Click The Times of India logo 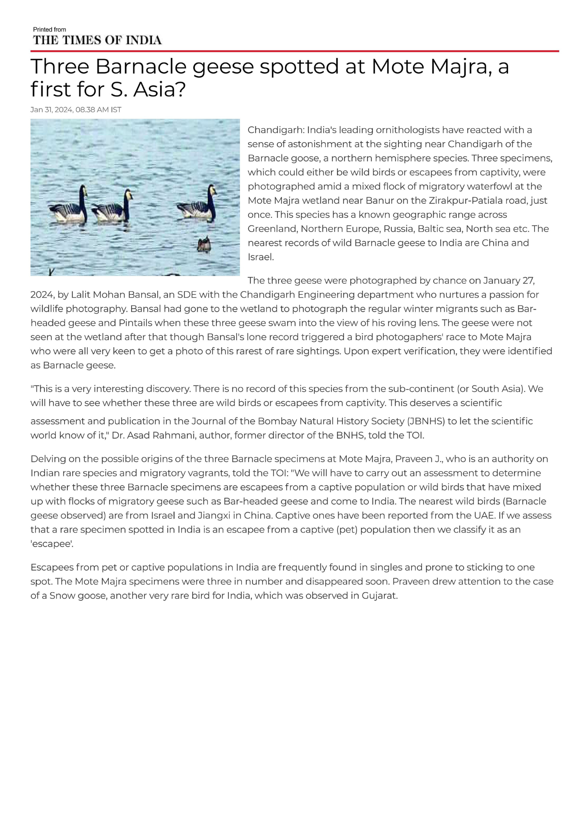pos(97,40)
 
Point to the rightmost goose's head pos(212,191)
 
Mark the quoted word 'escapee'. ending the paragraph pos(52,543)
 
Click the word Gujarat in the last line pos(379,595)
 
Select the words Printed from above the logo pos(50,29)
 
